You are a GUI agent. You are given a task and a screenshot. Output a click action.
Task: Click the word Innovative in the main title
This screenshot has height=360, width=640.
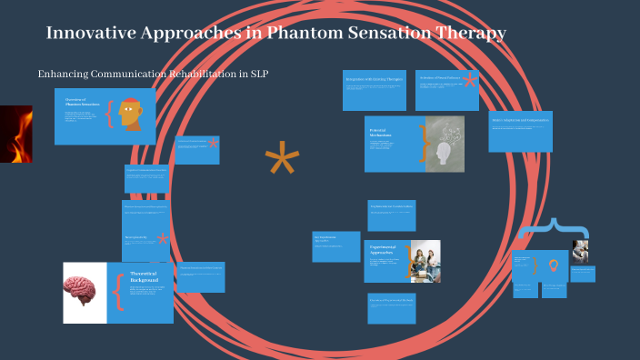coord(89,34)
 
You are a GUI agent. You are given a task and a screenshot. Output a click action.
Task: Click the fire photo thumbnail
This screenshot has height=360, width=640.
coord(15,134)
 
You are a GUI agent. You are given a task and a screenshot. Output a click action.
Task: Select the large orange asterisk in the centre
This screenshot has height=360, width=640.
coord(282,162)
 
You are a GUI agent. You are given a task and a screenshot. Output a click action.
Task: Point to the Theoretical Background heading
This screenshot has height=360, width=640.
coord(144,277)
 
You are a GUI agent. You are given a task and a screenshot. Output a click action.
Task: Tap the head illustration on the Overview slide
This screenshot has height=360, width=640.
coord(132,113)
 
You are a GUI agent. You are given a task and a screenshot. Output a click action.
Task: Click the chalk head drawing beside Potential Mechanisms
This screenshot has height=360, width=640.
coord(445,145)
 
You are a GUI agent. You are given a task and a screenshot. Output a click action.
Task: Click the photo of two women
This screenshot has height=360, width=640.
coord(425,261)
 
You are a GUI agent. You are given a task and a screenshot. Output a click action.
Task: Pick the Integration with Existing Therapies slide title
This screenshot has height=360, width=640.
coord(374,79)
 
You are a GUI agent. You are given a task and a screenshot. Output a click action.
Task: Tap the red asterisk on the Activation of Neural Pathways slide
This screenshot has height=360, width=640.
coord(470,80)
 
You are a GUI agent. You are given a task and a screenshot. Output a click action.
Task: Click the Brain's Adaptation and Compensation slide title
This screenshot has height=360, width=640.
coord(520,120)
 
